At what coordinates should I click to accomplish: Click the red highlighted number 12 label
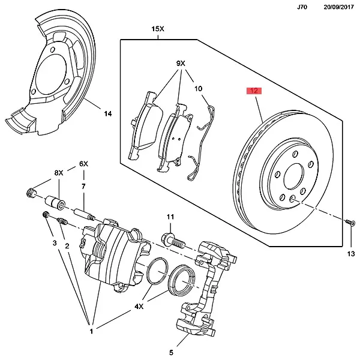tap(254, 91)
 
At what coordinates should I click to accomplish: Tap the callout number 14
tap(107, 113)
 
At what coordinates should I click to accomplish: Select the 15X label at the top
tap(158, 29)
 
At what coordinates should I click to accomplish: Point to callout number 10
tap(199, 90)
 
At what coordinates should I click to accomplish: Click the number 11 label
tap(170, 217)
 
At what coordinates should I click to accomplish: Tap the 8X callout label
tap(59, 173)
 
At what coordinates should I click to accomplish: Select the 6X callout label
tap(83, 164)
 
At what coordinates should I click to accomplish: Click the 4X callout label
tap(139, 306)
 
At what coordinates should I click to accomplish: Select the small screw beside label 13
tap(348, 223)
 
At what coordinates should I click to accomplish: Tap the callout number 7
tap(83, 187)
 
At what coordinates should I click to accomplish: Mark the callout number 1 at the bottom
tap(92, 332)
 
